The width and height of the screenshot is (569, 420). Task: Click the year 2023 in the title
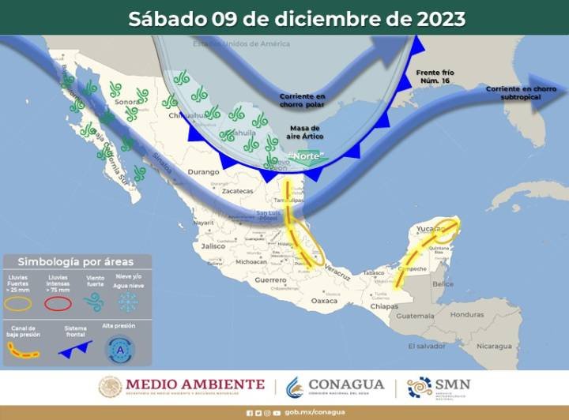tap(437, 18)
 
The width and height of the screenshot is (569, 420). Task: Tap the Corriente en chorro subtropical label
tap(522, 92)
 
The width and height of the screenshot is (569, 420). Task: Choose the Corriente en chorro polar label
tap(302, 100)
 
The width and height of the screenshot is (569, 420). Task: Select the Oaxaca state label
tap(325, 300)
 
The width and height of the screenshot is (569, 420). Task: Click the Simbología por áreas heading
tap(76, 261)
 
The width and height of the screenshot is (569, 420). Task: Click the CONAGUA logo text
tap(346, 384)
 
